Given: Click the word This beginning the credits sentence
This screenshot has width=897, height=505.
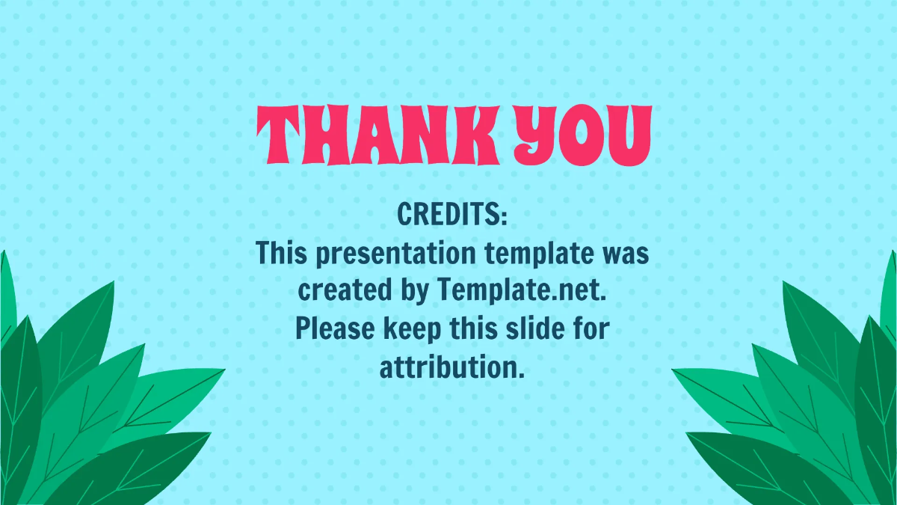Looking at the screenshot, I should (x=281, y=254).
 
